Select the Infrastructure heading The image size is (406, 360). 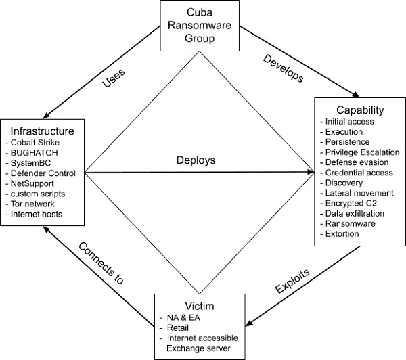41,129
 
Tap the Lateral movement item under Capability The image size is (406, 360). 353,194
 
